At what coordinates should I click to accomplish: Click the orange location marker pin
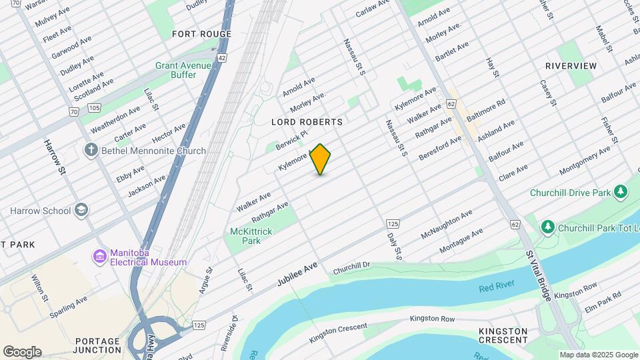[x=321, y=159]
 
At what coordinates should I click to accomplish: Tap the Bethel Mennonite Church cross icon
[x=91, y=151]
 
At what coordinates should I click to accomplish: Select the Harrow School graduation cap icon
[x=81, y=211]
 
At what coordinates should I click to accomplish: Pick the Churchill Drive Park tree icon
[x=621, y=193]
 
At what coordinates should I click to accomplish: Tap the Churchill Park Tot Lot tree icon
[x=548, y=228]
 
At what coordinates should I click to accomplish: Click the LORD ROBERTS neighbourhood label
[x=307, y=123]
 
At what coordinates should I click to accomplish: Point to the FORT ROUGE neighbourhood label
[x=201, y=34]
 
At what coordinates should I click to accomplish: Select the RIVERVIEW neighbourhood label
[x=571, y=66]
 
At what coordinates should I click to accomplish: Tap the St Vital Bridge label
[x=538, y=275]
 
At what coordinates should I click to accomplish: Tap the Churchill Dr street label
[x=351, y=267]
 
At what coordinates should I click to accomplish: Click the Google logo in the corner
[x=22, y=352]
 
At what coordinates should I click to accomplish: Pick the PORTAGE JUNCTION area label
[x=97, y=345]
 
